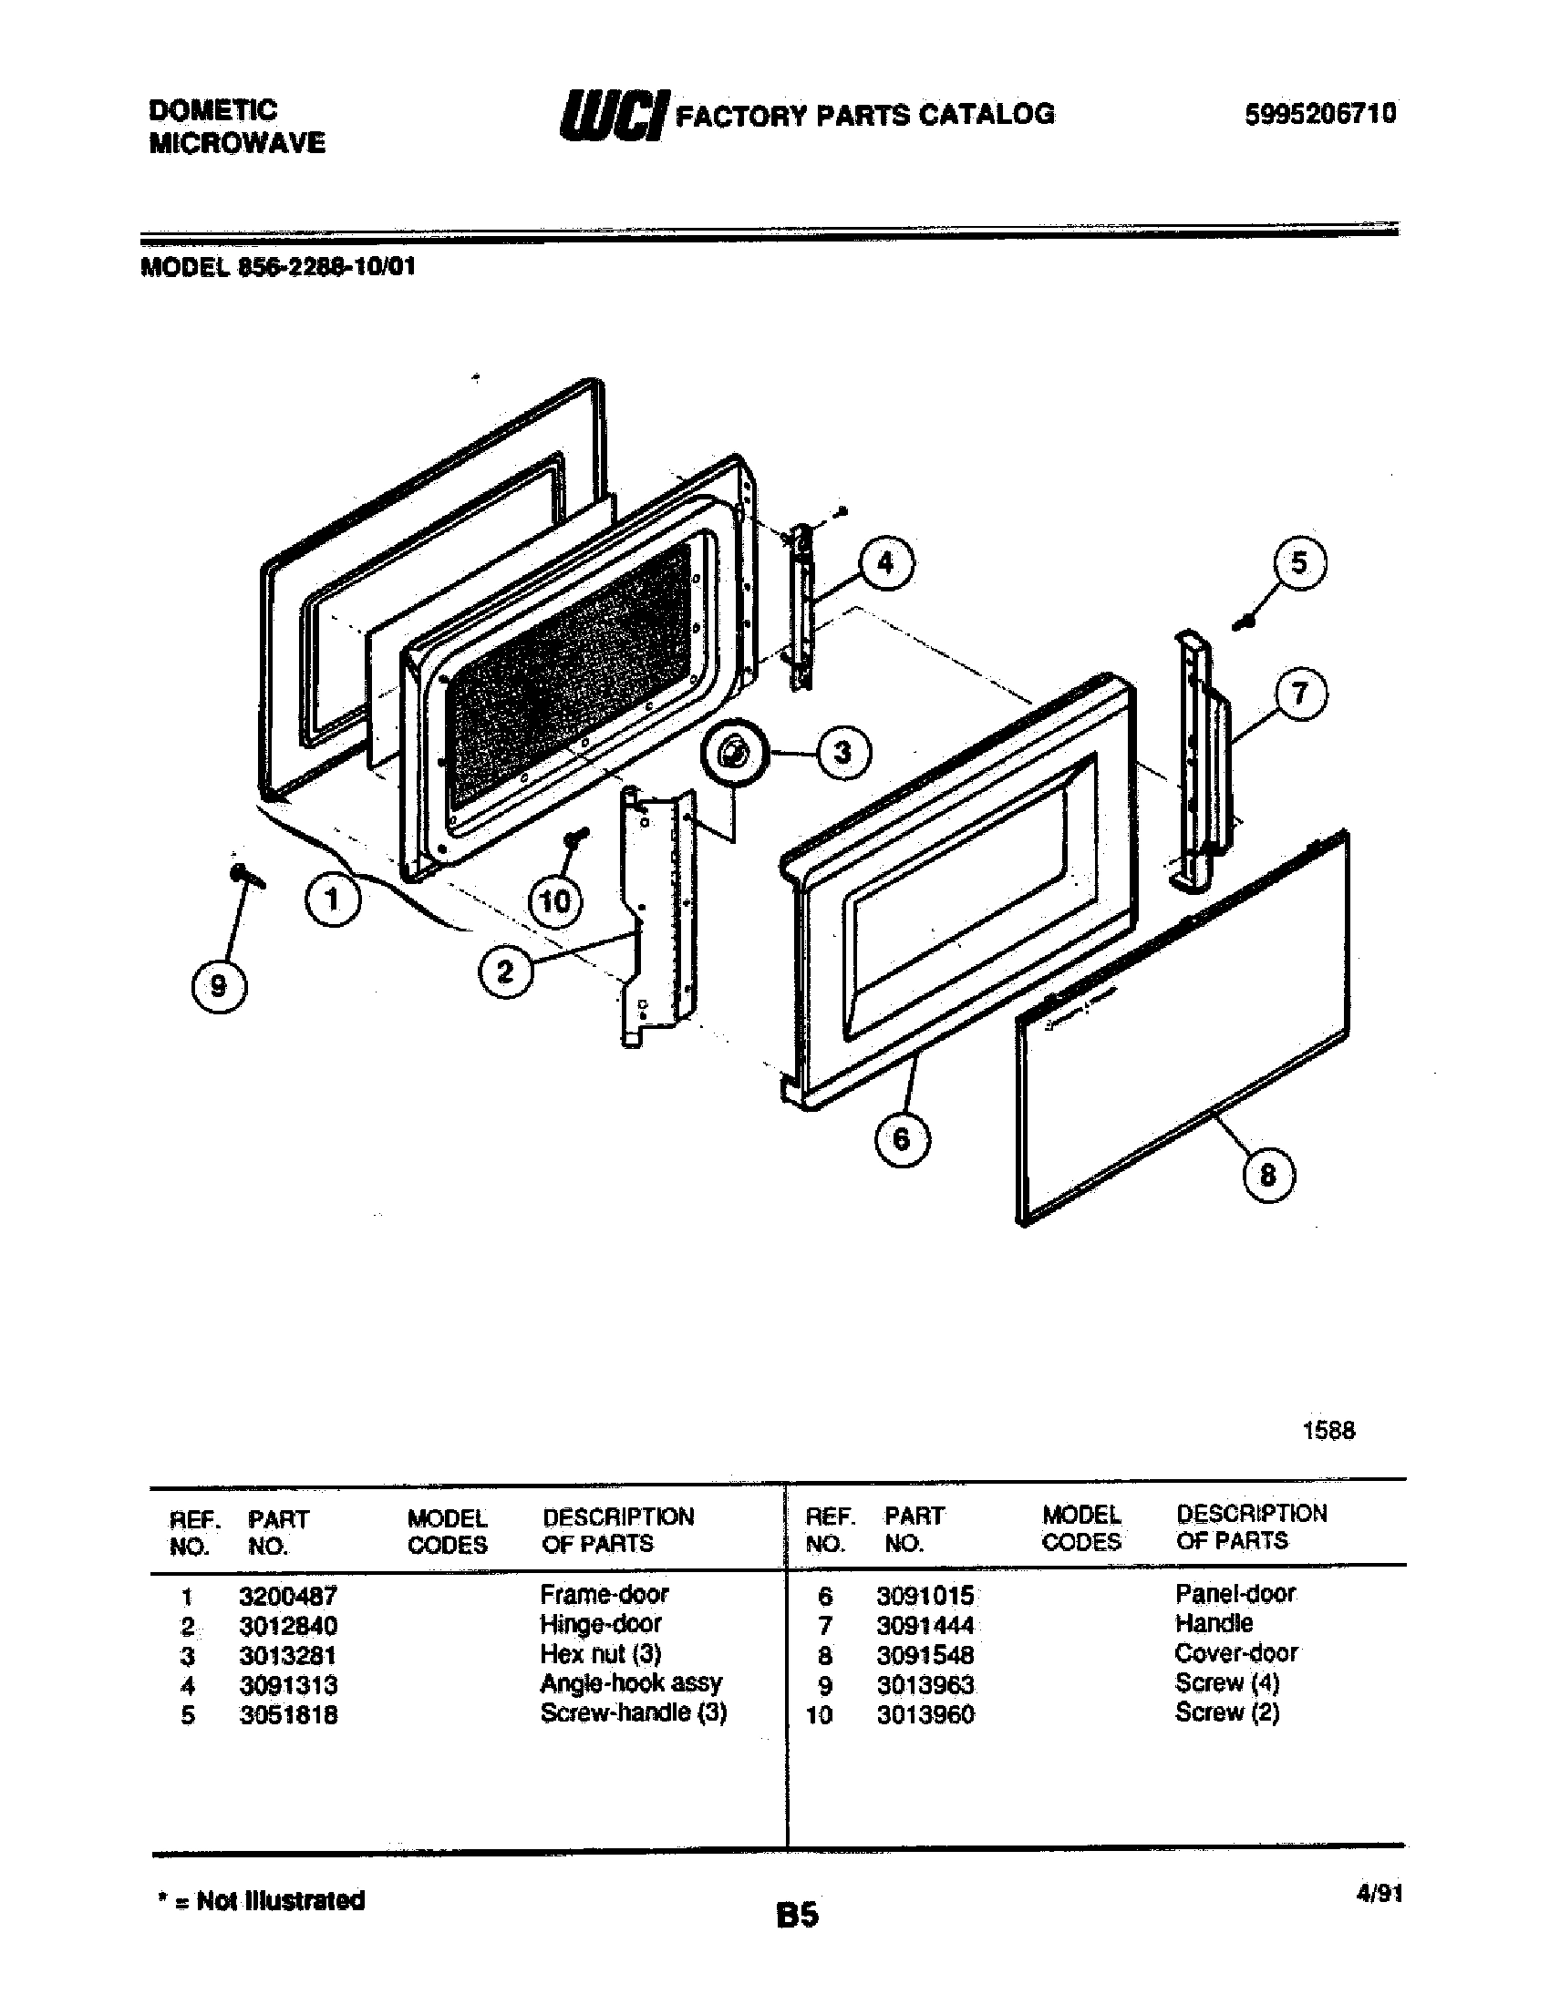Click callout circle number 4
885,563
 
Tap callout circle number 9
219,986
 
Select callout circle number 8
1268,1175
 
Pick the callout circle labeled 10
555,901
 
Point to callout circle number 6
901,1139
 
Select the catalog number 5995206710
1320,114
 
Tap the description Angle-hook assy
631,1683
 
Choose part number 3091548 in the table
925,1655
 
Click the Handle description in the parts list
1213,1623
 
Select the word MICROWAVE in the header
237,143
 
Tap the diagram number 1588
1328,1430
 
